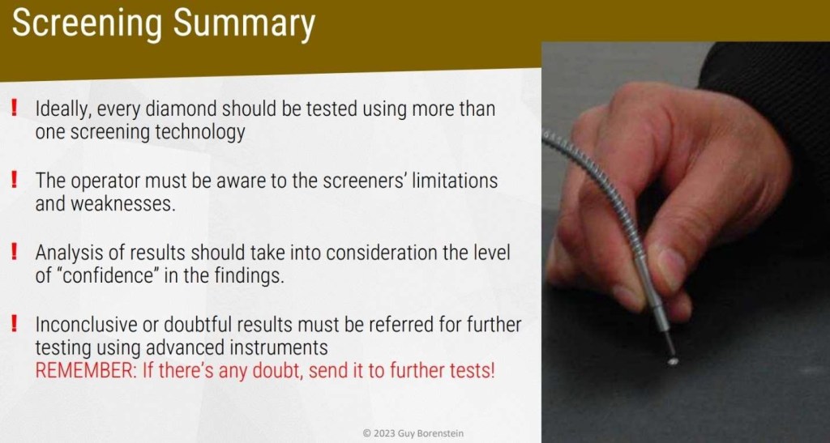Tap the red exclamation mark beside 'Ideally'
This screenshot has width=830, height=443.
point(15,109)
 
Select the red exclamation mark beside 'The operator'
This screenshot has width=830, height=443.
point(15,181)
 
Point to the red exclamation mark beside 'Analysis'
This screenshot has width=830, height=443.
point(15,252)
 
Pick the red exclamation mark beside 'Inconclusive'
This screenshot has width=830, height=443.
point(15,323)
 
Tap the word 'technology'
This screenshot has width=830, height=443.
point(199,133)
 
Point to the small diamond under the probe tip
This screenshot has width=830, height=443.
point(674,361)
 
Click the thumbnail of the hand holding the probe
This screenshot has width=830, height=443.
point(686,242)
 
